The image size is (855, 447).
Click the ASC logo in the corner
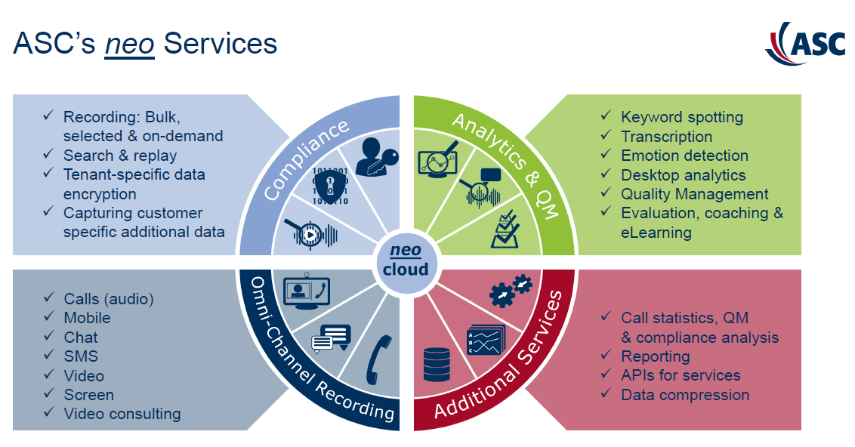805,43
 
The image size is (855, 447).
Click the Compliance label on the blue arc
306,159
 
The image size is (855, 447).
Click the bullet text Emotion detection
684,156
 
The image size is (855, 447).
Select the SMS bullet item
81,356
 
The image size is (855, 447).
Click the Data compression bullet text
685,394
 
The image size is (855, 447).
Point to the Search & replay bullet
119,155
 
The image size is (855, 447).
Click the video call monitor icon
306,291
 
